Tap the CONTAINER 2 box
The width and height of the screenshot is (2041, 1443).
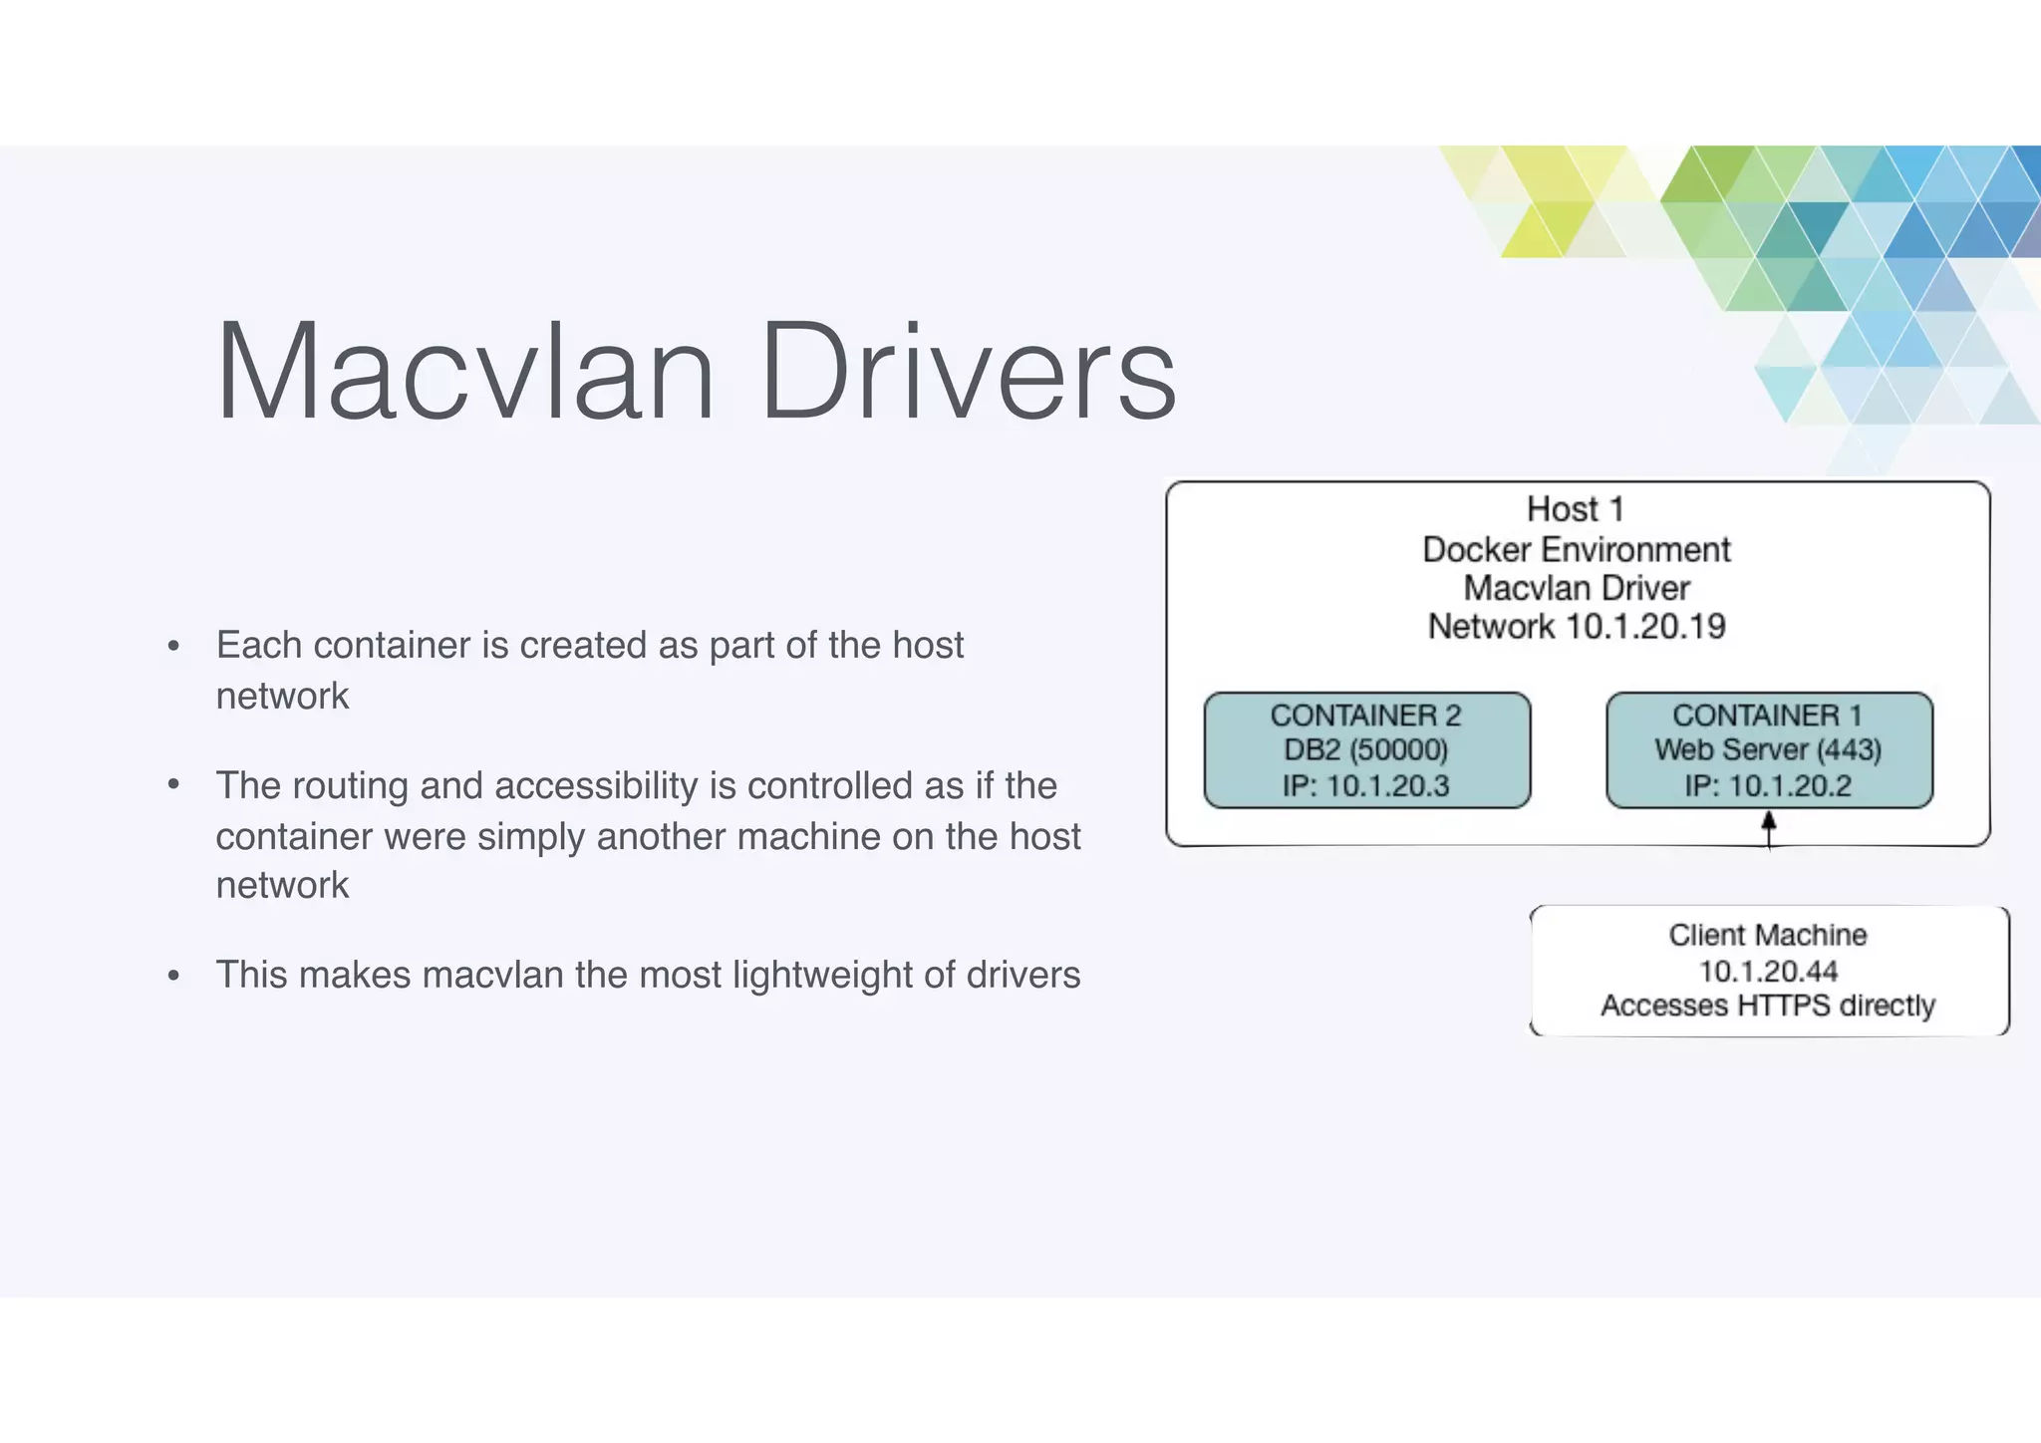pos(1366,749)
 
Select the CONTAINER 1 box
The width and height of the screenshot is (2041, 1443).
pos(1769,749)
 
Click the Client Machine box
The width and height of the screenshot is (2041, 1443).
pos(1769,970)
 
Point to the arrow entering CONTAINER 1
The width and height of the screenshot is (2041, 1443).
pos(1769,829)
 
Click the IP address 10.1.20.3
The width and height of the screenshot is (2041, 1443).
pos(1387,786)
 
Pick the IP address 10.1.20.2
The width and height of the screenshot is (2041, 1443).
pos(1790,786)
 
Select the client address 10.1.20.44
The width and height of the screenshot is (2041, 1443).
pos(1768,971)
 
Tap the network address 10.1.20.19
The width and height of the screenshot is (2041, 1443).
pos(1645,627)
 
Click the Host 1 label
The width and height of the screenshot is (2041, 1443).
pos(1576,509)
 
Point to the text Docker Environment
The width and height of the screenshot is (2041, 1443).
pos(1576,549)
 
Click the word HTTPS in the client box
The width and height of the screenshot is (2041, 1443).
pos(1784,1006)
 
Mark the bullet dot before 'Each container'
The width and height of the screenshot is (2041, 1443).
pos(174,647)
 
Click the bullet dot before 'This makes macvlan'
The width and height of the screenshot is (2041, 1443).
pos(174,976)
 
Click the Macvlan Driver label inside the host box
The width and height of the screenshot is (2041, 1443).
pos(1576,588)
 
